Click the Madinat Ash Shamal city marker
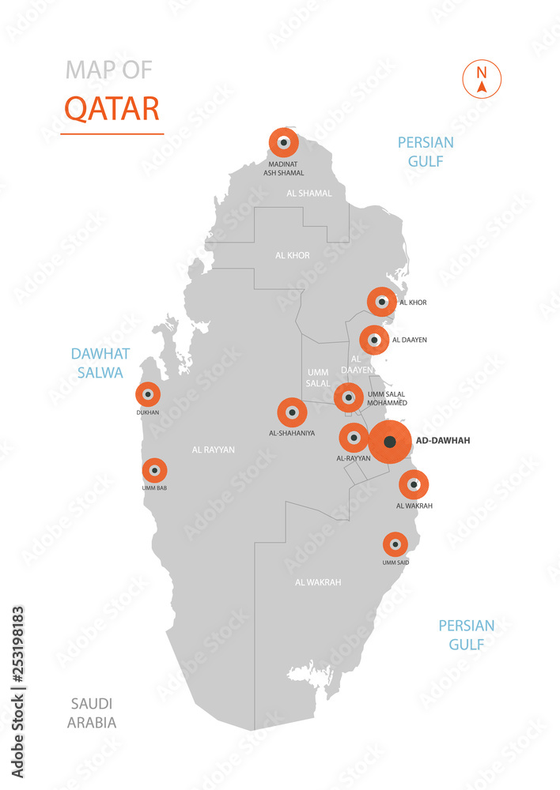pyautogui.click(x=283, y=143)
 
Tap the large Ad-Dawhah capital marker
pyautogui.click(x=389, y=442)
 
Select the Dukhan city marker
pyautogui.click(x=147, y=394)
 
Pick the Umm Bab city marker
pyautogui.click(x=154, y=471)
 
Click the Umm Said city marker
pyautogui.click(x=395, y=545)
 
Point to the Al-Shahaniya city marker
pyautogui.click(x=292, y=412)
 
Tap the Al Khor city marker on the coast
pyautogui.click(x=381, y=302)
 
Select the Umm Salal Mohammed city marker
pyautogui.click(x=348, y=397)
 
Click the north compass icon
pyautogui.click(x=481, y=79)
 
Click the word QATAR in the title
pyautogui.click(x=112, y=108)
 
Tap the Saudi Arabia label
pyautogui.click(x=92, y=713)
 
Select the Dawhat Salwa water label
pyautogui.click(x=100, y=363)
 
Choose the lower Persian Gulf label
pyautogui.click(x=467, y=634)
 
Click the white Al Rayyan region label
pyautogui.click(x=213, y=450)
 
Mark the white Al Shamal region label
pyautogui.click(x=309, y=193)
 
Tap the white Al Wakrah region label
pyautogui.click(x=318, y=582)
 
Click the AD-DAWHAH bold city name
pyautogui.click(x=442, y=441)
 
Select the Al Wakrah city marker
pyautogui.click(x=413, y=484)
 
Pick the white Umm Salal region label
pyautogui.click(x=318, y=377)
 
